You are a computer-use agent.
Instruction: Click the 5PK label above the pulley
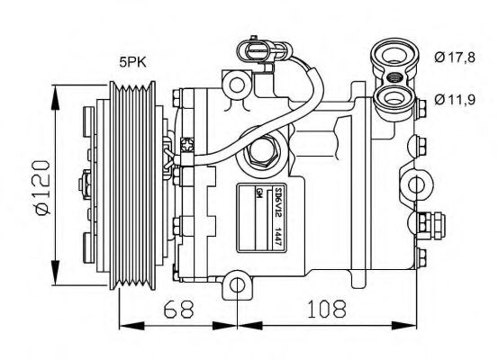[x=134, y=62]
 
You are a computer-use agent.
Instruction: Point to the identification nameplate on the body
[x=262, y=216]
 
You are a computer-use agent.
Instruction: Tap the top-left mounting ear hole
[x=239, y=86]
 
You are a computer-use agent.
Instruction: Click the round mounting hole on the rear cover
[x=419, y=184]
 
